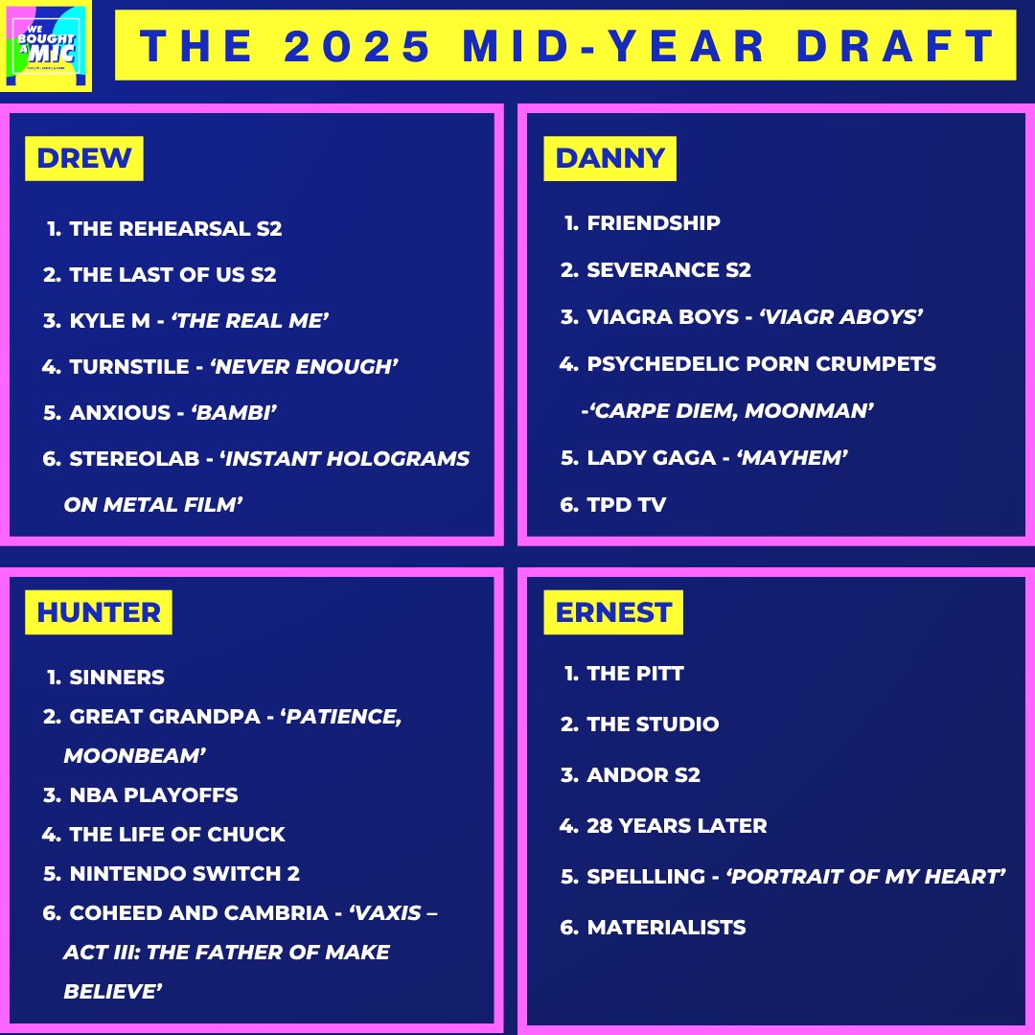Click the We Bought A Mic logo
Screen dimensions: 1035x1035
[x=47, y=47]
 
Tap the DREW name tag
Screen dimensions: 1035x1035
[x=84, y=158]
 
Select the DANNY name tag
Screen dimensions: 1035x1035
[x=609, y=158]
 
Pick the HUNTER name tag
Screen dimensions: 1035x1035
[x=99, y=612]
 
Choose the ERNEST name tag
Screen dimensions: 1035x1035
[x=613, y=612]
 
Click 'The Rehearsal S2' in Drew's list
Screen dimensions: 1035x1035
[x=175, y=229]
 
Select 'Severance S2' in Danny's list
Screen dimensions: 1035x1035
[x=669, y=270]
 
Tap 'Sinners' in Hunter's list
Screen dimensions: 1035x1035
[x=117, y=678]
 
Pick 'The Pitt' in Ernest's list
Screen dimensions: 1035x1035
[x=635, y=674]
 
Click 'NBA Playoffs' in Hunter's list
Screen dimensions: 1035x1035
[x=153, y=795]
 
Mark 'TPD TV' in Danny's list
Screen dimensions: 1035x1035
[x=626, y=505]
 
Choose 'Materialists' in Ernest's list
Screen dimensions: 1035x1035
[x=666, y=928]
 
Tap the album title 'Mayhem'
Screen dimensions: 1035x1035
[x=792, y=458]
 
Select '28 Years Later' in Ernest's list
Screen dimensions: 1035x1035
[x=677, y=826]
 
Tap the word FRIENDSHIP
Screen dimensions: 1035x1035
[x=654, y=223]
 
